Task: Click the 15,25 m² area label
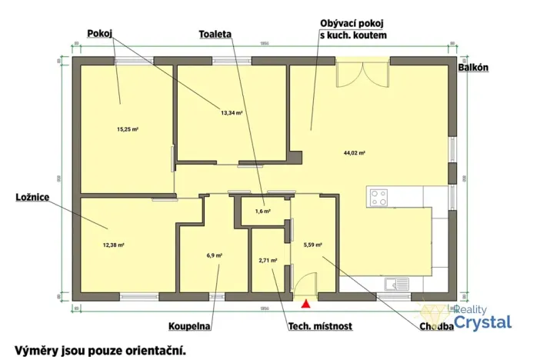pos(128,129)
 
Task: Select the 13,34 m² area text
pos(232,112)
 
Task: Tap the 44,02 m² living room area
pos(354,153)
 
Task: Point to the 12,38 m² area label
pos(113,245)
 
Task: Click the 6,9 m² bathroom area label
pos(215,255)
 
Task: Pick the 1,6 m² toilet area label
pos(262,211)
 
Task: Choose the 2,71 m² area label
pos(268,261)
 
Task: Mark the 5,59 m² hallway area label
pos(312,245)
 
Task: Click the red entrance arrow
pos(305,306)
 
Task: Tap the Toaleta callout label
pos(215,35)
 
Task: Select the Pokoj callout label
pos(100,33)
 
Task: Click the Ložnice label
pos(32,198)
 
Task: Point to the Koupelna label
pos(189,326)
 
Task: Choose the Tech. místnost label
pos(320,326)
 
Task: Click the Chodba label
pos(436,326)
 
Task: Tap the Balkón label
pos(474,68)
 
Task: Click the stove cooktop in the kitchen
pos(379,198)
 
